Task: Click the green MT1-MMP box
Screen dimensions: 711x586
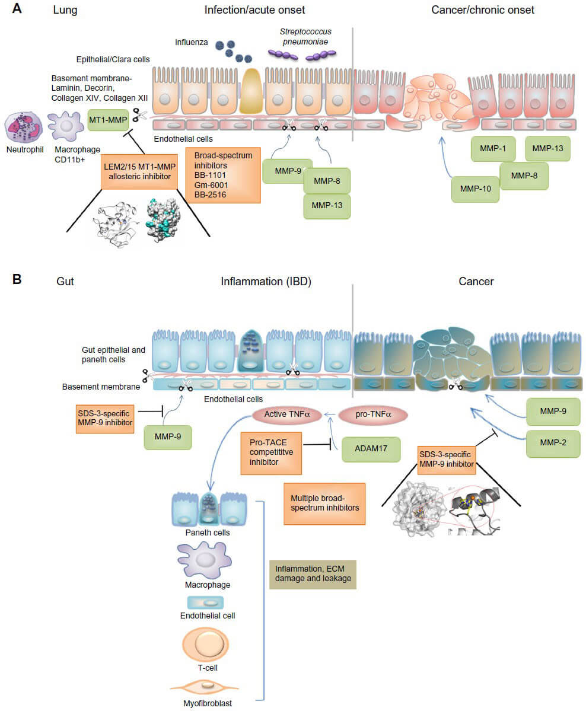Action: pos(107,119)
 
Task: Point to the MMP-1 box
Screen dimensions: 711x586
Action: pos(492,148)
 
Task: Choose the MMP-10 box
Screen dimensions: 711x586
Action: pos(474,189)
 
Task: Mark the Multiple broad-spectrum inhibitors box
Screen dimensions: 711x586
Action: pos(324,503)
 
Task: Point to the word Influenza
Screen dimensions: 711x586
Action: pos(192,43)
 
